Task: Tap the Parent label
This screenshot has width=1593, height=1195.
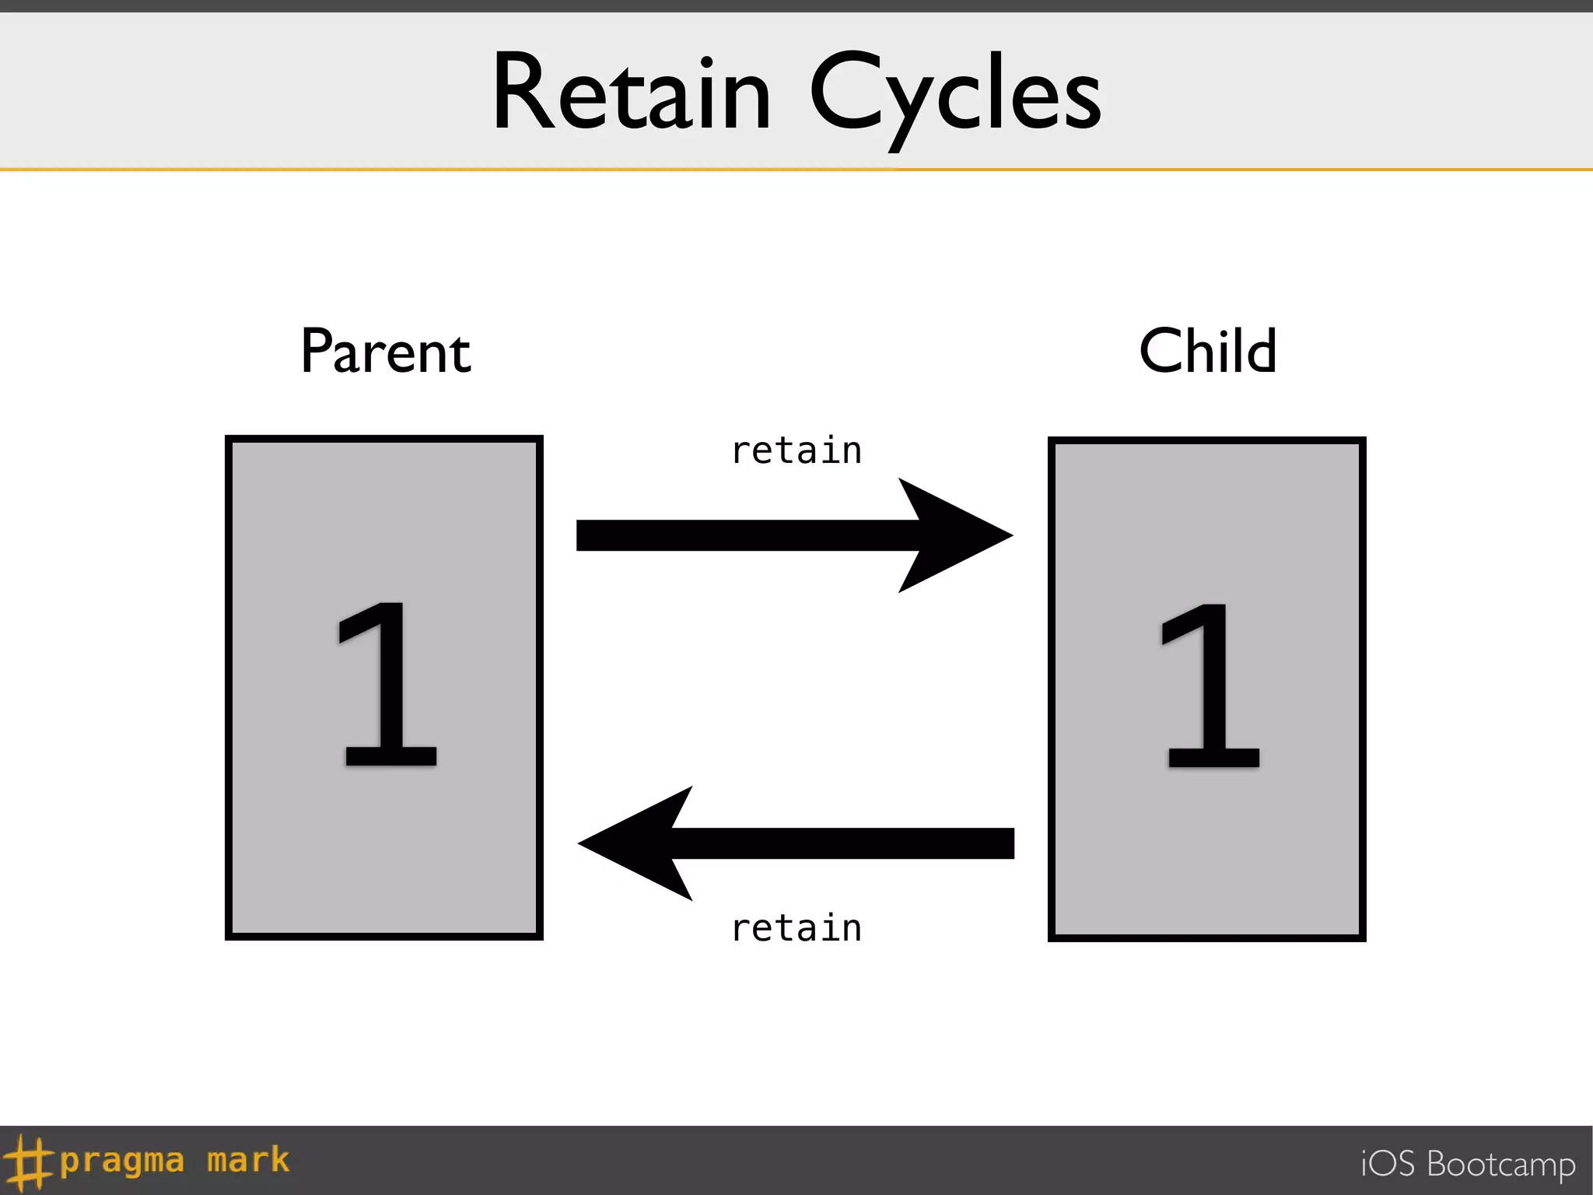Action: (386, 352)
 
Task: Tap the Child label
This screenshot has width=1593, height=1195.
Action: (1207, 351)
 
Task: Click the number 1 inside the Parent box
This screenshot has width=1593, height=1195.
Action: (387, 685)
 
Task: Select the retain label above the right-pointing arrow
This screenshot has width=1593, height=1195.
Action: (796, 451)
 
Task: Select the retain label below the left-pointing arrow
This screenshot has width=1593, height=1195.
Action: (796, 928)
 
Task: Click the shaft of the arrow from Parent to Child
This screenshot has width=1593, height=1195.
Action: (739, 535)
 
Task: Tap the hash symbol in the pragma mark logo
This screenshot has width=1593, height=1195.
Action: (30, 1162)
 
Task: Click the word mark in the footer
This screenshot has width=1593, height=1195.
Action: (248, 1160)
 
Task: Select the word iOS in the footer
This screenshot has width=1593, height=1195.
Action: (1388, 1164)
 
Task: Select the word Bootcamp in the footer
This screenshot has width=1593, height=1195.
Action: (1501, 1165)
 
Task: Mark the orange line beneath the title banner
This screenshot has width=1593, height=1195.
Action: (796, 169)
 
